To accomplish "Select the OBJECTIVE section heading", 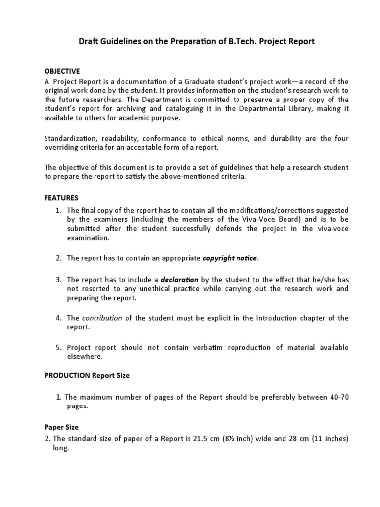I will tap(62, 71).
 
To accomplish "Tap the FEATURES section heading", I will tap(61, 198).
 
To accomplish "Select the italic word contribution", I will tap(102, 318).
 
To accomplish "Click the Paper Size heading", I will tap(61, 427).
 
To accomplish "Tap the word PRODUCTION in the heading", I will tap(67, 376).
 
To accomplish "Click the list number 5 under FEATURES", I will tap(58, 348).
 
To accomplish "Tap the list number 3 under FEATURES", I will tap(58, 280).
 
